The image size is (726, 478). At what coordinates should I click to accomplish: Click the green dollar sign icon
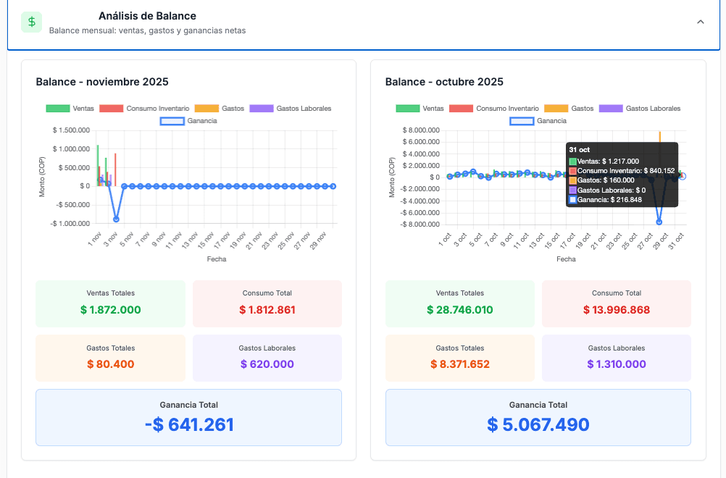point(31,22)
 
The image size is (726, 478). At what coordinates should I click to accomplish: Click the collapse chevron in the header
point(700,22)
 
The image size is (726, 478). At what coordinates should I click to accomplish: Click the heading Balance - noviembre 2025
point(102,82)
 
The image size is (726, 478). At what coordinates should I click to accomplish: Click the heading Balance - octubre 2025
point(444,82)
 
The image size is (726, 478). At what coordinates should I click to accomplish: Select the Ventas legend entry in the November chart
point(70,108)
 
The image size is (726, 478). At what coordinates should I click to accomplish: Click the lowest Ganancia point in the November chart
point(116,219)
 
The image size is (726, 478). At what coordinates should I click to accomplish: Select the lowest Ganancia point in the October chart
point(659,222)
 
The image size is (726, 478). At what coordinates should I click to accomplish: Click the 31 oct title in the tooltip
point(580,149)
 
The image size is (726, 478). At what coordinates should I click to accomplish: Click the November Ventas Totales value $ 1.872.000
point(111,310)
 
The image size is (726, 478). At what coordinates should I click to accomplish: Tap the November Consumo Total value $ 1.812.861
point(267,310)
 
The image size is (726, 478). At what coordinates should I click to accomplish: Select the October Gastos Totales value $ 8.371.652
point(460,364)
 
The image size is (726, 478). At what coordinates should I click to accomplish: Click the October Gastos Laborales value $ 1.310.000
point(617,364)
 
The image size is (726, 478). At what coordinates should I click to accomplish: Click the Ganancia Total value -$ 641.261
point(189,424)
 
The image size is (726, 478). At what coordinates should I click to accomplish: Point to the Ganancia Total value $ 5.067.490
point(538,424)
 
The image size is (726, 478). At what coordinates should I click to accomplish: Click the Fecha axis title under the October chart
point(566,259)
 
